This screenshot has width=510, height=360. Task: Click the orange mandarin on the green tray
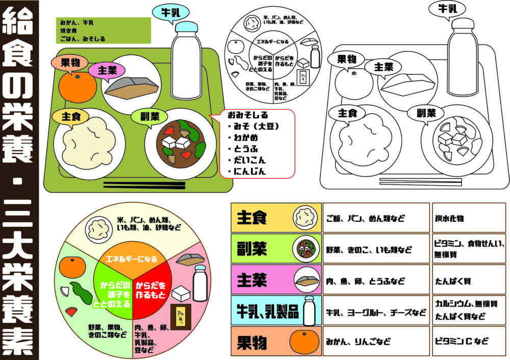(78, 88)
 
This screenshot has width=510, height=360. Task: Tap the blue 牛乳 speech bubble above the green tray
(173, 13)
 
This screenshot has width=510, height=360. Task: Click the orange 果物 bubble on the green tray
(69, 63)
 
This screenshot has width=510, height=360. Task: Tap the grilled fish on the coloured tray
(131, 89)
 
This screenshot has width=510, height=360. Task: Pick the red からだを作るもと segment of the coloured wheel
(151, 289)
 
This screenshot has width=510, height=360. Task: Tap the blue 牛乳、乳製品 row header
(275, 311)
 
